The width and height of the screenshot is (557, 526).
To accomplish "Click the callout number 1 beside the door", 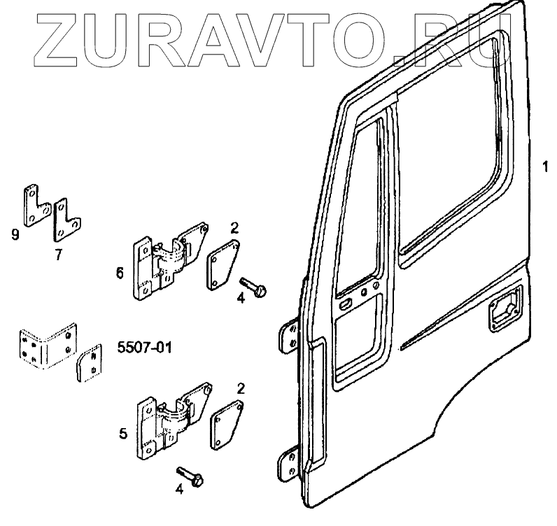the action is point(544,167).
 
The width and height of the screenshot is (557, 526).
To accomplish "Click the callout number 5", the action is point(123,433).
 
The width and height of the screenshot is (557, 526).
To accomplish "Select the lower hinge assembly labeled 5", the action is point(171,424).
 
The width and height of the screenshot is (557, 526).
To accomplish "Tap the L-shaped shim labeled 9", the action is point(35,206).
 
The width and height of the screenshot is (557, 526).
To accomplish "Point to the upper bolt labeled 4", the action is point(253,287).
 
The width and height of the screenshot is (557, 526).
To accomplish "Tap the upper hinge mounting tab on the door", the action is point(288,339).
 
